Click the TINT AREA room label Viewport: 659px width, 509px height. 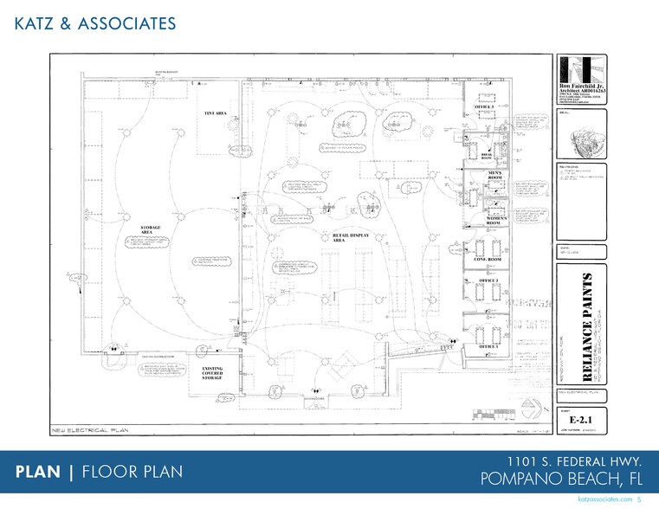[215, 114]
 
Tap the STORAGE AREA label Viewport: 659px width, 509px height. [151, 229]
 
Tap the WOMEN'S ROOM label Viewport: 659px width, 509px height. [494, 221]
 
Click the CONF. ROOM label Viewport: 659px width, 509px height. [490, 259]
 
